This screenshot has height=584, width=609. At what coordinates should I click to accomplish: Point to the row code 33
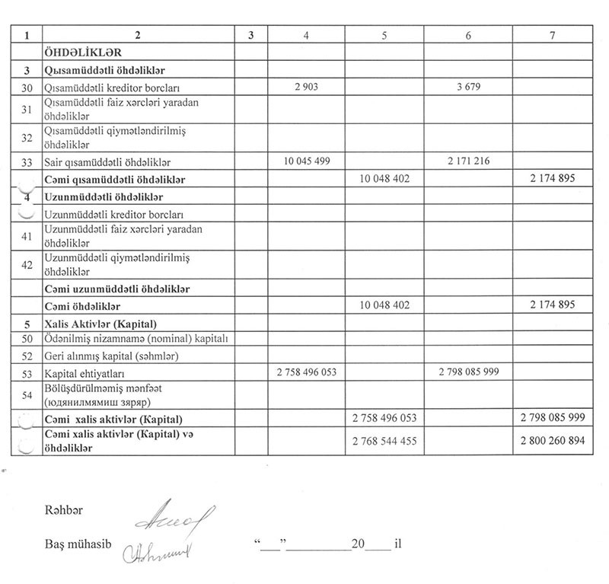26,162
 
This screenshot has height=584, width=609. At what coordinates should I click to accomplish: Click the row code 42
26,265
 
